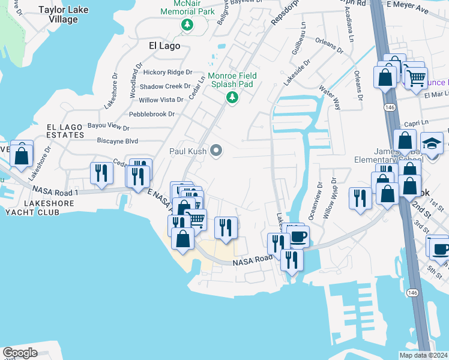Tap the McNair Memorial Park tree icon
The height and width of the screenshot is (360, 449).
[x=187, y=25]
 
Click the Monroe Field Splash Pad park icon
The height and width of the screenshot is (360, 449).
[x=232, y=97]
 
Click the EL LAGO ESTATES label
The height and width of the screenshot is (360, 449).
[x=65, y=131]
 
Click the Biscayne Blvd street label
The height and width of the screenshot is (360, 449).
[x=118, y=141]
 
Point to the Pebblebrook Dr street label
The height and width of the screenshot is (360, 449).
[x=151, y=114]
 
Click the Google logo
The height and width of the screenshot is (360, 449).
[x=20, y=353]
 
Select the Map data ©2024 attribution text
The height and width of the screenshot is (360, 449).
[x=424, y=355]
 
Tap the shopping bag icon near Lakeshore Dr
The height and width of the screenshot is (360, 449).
[x=22, y=155]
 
